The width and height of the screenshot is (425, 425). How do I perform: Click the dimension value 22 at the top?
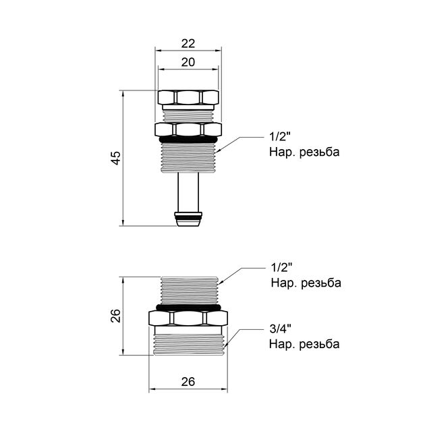point(188,42)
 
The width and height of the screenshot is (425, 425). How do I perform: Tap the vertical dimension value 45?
point(115,158)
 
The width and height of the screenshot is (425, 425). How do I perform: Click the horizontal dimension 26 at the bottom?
point(188,381)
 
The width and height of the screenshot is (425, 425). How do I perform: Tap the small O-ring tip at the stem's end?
point(188,218)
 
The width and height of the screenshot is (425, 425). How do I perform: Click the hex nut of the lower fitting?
point(188,317)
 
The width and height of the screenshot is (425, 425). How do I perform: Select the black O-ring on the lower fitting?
point(188,307)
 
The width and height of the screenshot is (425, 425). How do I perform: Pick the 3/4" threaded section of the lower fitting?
point(188,340)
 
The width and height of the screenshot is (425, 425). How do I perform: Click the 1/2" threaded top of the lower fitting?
point(188,290)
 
